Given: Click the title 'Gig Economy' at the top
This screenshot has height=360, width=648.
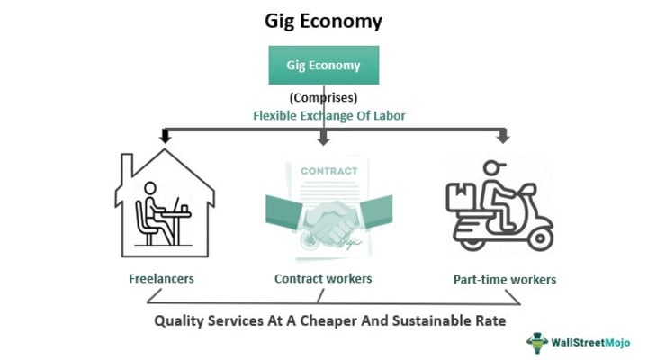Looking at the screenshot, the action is coord(323,19).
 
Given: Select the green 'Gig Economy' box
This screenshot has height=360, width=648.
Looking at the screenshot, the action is coord(323,65).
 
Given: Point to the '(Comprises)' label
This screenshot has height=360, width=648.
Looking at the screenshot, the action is coord(323,97).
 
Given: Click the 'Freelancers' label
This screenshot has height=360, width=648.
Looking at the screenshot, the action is coord(161,279).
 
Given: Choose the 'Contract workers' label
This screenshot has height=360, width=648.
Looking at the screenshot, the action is coord(323,279).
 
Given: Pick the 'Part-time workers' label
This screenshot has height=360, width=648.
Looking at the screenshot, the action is coord(504,279).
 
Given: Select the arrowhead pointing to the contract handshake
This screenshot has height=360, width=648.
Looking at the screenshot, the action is coord(323,138).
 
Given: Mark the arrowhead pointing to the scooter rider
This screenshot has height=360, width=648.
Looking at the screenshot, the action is coord(502,137).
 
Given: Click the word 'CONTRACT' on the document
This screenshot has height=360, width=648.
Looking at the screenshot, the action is coord(328,171).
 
